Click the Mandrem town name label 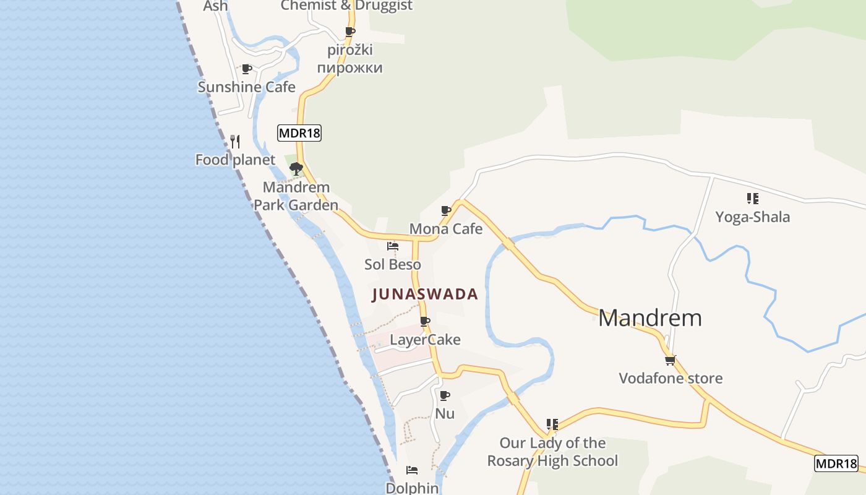(x=649, y=318)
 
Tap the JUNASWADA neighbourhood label (x=425, y=295)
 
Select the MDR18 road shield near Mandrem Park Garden (x=299, y=133)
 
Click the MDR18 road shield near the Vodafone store (x=836, y=463)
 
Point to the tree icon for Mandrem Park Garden (x=296, y=168)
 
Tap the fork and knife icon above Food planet (x=235, y=142)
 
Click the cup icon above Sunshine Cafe (x=247, y=69)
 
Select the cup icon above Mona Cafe (x=446, y=211)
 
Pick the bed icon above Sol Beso (x=392, y=246)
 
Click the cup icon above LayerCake (x=425, y=322)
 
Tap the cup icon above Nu (x=444, y=395)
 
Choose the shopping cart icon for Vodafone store (x=670, y=360)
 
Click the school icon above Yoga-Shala (x=752, y=199)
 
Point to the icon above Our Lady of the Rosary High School (x=552, y=424)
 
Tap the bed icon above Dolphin (x=411, y=470)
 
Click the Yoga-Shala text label (x=752, y=217)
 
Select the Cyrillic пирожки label (x=350, y=67)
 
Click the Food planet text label (x=235, y=160)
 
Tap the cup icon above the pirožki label (x=350, y=32)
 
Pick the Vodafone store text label (x=671, y=378)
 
